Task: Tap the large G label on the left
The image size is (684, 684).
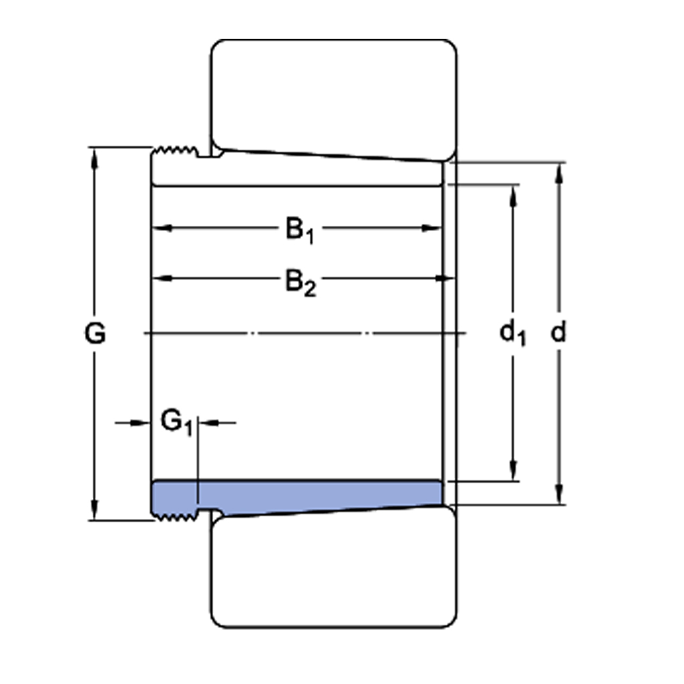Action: (x=95, y=333)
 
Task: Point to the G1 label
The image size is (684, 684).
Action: (x=176, y=422)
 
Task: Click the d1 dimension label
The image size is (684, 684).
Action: (x=512, y=332)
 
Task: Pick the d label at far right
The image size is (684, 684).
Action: (x=558, y=332)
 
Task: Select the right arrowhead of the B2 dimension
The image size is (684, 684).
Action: (x=439, y=278)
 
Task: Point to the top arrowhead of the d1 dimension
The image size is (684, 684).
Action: (x=513, y=194)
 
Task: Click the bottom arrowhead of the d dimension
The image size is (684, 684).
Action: (x=558, y=495)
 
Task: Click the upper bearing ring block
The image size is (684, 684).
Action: (x=334, y=94)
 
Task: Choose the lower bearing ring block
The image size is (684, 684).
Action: (x=334, y=574)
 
